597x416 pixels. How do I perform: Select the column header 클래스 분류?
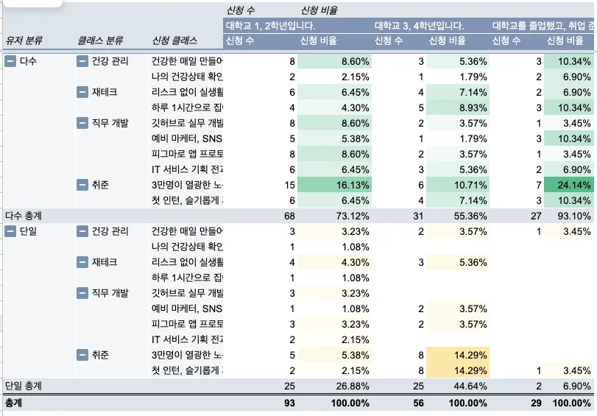point(99,40)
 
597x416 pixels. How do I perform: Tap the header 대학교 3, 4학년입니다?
point(419,25)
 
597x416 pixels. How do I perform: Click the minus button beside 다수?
point(10,62)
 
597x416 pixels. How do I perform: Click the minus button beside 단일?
point(10,231)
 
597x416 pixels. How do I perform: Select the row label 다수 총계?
point(24,216)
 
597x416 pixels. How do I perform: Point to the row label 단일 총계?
point(24,386)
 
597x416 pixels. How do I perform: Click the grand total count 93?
point(289,403)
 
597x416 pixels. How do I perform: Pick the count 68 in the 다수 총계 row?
point(289,216)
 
